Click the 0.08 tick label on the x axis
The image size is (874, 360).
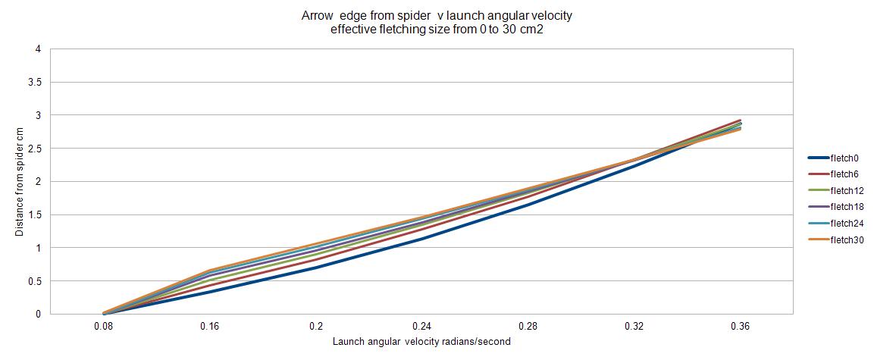tap(104, 327)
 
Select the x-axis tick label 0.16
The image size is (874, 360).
tap(210, 327)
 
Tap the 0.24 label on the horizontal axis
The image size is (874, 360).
tap(422, 327)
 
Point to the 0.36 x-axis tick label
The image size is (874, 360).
tap(741, 327)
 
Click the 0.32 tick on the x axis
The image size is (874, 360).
tap(634, 327)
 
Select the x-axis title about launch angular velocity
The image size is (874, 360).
tap(421, 342)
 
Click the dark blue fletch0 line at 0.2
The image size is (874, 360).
tap(316, 268)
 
